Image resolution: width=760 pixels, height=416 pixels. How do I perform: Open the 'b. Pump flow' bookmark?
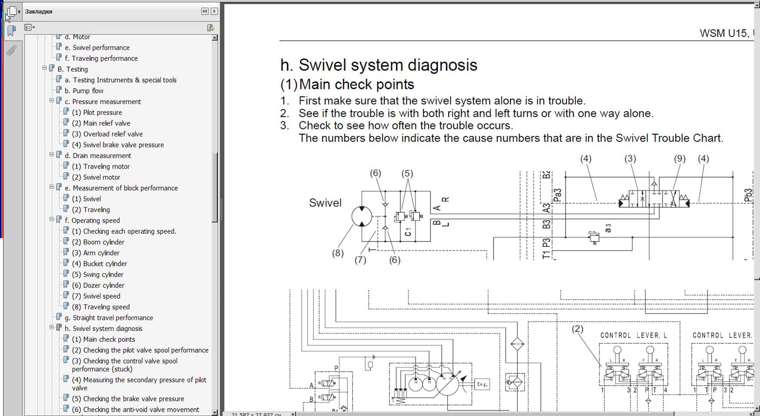tap(88, 91)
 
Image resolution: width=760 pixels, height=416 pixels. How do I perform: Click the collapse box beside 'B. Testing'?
tap(44, 69)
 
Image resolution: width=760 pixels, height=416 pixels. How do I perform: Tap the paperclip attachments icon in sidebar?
tap(12, 50)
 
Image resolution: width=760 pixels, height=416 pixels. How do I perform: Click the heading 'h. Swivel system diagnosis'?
tap(379, 65)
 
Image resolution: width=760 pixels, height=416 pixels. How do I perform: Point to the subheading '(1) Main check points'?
tap(347, 84)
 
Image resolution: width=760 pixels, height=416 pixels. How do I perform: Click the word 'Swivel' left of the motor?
tap(325, 203)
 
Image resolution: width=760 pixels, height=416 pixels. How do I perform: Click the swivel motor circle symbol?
tap(362, 216)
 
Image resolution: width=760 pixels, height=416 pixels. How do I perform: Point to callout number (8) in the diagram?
tap(338, 253)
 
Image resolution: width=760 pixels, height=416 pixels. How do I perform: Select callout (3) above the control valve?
tap(630, 159)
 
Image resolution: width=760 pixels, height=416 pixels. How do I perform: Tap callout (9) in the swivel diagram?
tap(680, 159)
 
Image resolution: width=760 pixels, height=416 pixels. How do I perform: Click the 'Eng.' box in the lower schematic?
tap(482, 384)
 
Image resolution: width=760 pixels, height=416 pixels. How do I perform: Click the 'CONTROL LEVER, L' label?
tap(633, 335)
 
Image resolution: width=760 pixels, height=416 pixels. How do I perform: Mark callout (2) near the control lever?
tap(577, 329)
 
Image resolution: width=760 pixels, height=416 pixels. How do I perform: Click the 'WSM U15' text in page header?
tap(723, 33)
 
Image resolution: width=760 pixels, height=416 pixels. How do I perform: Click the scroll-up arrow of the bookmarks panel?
tap(214, 38)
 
